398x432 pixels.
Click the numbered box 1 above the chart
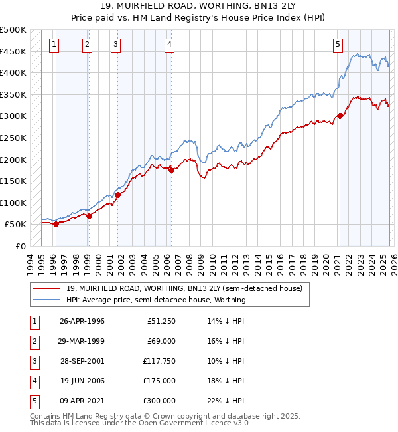click(x=54, y=45)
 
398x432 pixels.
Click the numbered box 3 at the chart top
click(x=115, y=45)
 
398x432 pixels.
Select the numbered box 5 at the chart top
click(x=338, y=45)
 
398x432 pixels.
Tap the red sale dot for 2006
click(x=171, y=170)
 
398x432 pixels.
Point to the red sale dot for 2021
click(x=340, y=116)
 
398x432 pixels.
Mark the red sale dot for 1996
click(x=56, y=224)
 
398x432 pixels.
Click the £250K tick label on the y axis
click(x=13, y=138)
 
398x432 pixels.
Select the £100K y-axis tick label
click(x=13, y=203)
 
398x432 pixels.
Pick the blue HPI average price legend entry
click(x=155, y=300)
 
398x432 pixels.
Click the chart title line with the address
click(x=198, y=6)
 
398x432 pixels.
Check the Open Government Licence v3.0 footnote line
click(x=140, y=423)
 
